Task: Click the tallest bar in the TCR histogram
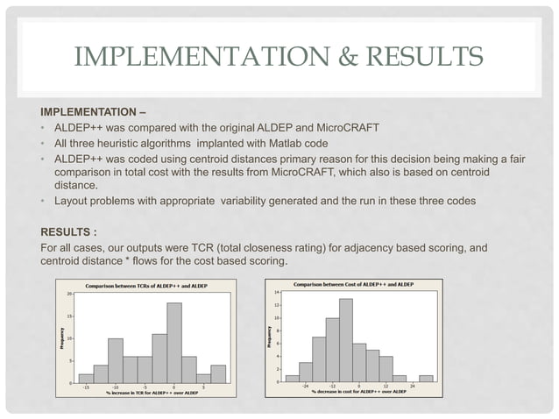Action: coord(173,343)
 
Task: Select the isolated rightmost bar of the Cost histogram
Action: coord(426,379)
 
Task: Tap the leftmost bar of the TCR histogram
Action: coord(86,378)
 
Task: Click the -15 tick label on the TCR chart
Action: coord(86,387)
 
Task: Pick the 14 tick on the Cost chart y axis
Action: coord(276,291)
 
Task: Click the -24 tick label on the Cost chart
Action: coord(306,387)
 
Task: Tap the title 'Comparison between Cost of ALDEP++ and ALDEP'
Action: coord(354,284)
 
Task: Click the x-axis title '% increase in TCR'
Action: coord(145,393)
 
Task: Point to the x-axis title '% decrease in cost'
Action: coord(359,393)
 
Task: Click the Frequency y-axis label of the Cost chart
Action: coord(267,337)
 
